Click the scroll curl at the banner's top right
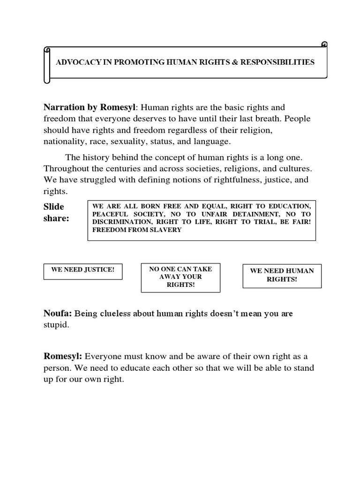pos(323,45)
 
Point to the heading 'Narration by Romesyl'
pos(90,108)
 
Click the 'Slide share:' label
pos(56,212)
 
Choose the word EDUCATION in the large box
pos(289,207)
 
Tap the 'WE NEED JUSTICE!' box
pos(83,270)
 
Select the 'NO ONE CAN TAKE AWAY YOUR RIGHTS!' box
pos(180,277)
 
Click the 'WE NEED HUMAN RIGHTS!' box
pos(282,275)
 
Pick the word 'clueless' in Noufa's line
pos(112,314)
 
